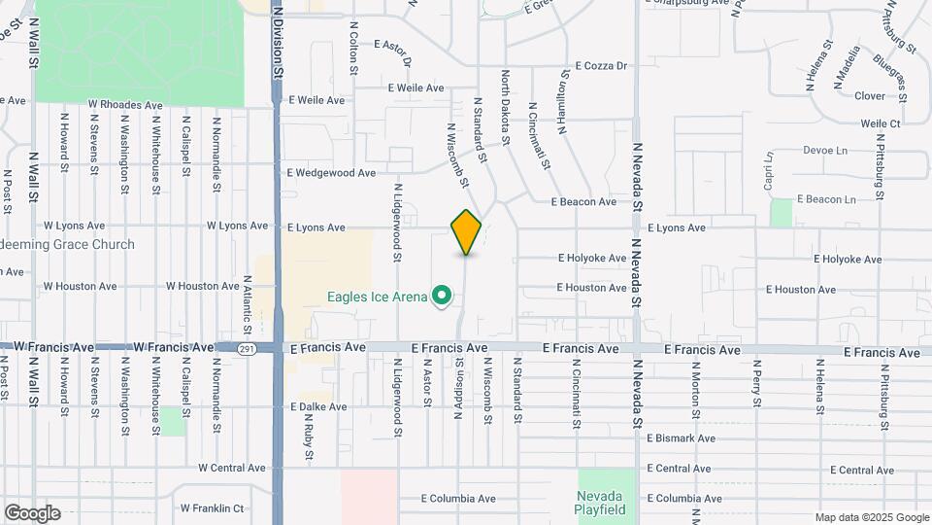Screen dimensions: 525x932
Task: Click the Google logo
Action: pyautogui.click(x=32, y=513)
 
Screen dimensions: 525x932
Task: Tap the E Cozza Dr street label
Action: pyautogui.click(x=602, y=66)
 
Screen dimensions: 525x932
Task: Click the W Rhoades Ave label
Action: pyautogui.click(x=125, y=104)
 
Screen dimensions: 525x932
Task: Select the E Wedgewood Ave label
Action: pyautogui.click(x=331, y=173)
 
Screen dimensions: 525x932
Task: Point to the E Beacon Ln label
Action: pyautogui.click(x=826, y=199)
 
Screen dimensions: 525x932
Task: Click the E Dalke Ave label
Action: pyautogui.click(x=317, y=407)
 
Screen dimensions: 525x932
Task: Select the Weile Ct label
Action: pyautogui.click(x=881, y=123)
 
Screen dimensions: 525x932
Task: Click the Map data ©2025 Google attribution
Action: pyautogui.click(x=872, y=517)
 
